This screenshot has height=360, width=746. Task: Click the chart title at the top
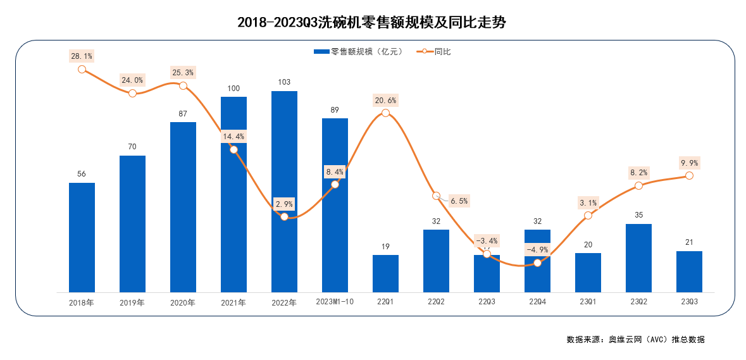click(x=372, y=23)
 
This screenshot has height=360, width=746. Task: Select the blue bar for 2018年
click(x=82, y=237)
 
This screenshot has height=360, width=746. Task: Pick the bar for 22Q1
click(x=385, y=273)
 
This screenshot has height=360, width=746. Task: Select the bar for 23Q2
click(x=638, y=258)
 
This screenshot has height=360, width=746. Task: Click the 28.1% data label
click(x=82, y=56)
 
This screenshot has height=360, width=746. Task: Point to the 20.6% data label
click(x=385, y=100)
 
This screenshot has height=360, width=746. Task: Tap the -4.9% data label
click(x=537, y=249)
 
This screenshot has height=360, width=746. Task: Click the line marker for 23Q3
click(x=689, y=175)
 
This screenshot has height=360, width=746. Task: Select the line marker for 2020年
click(x=183, y=85)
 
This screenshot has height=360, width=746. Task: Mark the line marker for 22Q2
click(x=436, y=196)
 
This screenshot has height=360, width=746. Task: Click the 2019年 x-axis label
click(x=132, y=302)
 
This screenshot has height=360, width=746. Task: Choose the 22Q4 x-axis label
click(x=537, y=302)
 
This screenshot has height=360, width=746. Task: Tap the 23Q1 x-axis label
click(x=588, y=302)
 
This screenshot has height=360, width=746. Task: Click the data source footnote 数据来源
click(x=635, y=339)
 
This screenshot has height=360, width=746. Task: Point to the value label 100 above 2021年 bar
click(x=233, y=87)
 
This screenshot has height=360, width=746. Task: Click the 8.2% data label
click(x=638, y=172)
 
